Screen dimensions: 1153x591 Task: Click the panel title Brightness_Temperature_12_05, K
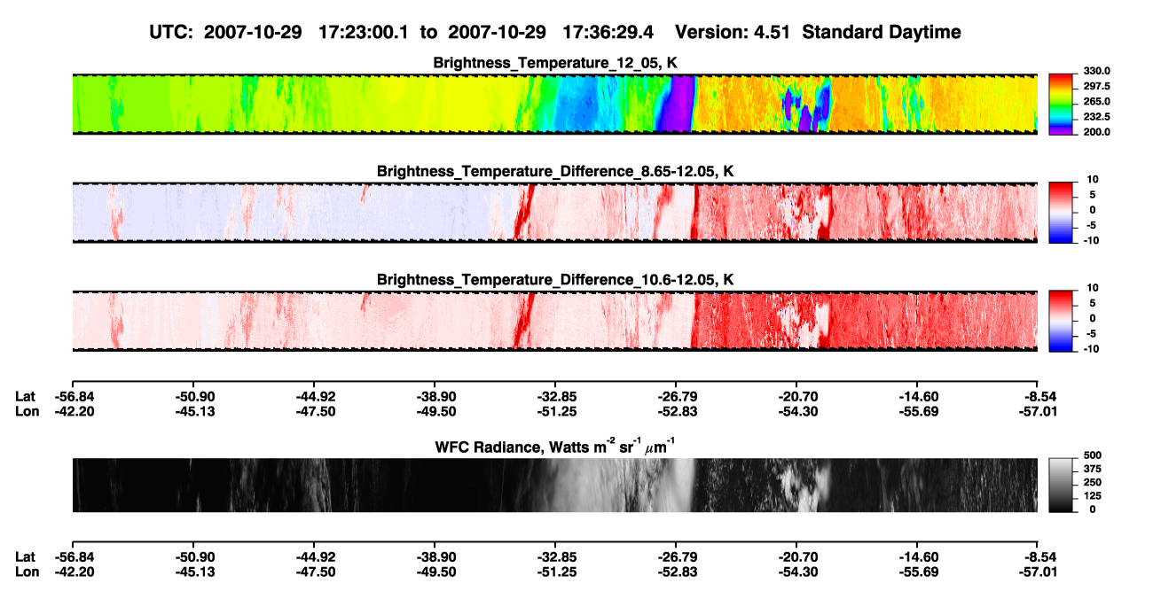click(x=555, y=63)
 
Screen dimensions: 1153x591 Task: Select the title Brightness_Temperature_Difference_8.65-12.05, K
click(x=555, y=171)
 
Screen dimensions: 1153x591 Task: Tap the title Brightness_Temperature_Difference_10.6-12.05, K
click(x=555, y=280)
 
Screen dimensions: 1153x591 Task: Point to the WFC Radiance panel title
click(x=555, y=447)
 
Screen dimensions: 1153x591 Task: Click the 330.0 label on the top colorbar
click(x=1096, y=71)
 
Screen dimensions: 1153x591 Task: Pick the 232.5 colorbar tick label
click(x=1096, y=117)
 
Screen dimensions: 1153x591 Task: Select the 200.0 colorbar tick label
click(x=1096, y=132)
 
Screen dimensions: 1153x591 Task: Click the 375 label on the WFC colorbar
click(x=1093, y=469)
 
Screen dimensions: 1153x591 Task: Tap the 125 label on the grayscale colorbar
click(x=1093, y=496)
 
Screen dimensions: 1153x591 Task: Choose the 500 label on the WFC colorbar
click(x=1093, y=455)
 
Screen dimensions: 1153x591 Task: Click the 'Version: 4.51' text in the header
click(x=732, y=32)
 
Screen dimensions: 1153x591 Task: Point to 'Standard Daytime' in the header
click(x=882, y=32)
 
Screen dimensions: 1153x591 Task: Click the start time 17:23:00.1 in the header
click(x=364, y=32)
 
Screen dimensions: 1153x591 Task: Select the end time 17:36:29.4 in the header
click(x=608, y=32)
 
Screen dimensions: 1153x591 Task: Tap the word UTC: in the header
click(x=171, y=32)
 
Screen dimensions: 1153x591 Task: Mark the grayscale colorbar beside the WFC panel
click(x=1061, y=485)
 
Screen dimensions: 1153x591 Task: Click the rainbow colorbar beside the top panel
click(x=1061, y=105)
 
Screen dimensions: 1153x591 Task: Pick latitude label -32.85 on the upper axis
click(x=557, y=397)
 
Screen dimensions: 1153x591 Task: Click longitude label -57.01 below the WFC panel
click(x=1038, y=572)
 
